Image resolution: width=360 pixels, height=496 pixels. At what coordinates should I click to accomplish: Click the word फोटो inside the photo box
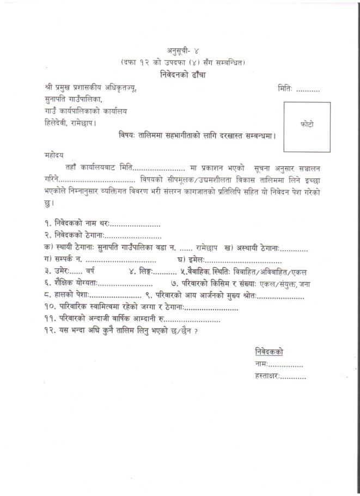point(307,125)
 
